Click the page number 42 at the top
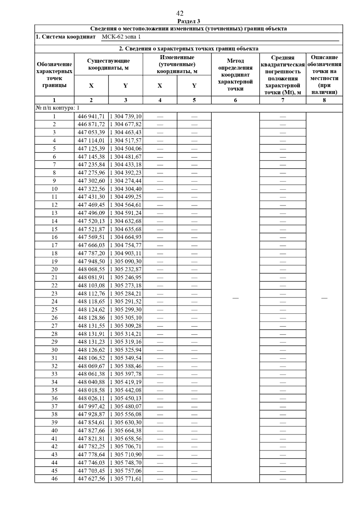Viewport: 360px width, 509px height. point(180,13)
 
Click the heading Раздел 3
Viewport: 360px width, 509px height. point(189,21)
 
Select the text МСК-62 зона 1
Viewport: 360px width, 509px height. point(121,37)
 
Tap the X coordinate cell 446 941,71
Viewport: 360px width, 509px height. point(91,116)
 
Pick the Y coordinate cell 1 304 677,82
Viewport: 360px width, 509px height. point(126,124)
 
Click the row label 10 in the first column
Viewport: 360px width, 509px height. point(54,189)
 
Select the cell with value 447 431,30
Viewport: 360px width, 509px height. point(91,197)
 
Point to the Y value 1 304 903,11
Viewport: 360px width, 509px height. point(126,253)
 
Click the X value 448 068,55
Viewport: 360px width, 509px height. point(91,269)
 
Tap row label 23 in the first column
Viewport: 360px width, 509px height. point(54,293)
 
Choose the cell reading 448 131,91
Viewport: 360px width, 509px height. point(91,334)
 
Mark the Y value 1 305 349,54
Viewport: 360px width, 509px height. point(126,358)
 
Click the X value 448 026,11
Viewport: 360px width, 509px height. point(91,398)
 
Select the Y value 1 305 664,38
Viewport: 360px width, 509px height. point(126,430)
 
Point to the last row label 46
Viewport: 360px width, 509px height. point(54,479)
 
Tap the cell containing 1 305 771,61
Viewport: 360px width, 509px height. point(126,479)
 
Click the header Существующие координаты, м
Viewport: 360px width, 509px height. point(108,64)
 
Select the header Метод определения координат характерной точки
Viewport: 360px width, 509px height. point(235,75)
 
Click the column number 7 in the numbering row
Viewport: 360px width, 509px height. point(283,100)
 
